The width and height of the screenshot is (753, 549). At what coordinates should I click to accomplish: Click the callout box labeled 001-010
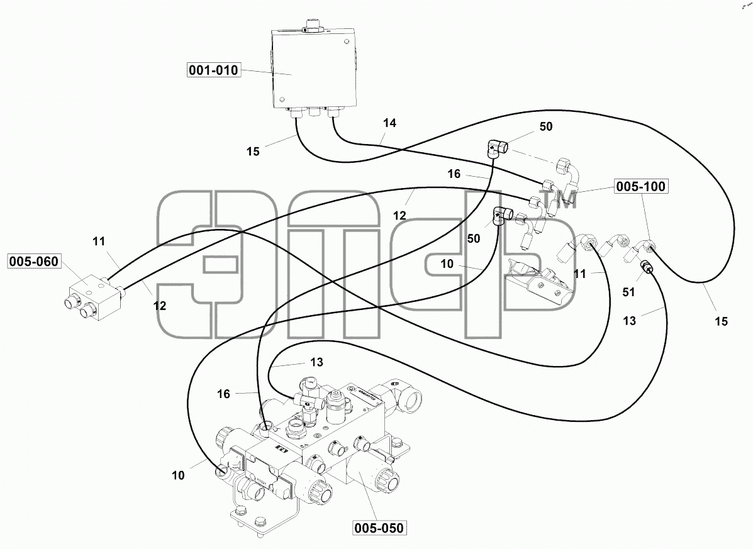[214, 70]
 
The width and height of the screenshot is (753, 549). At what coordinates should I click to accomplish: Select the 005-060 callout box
[34, 262]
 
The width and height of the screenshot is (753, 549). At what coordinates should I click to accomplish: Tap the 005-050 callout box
[379, 528]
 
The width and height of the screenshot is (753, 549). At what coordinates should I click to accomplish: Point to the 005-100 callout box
[641, 186]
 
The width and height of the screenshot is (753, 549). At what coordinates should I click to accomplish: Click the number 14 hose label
[389, 123]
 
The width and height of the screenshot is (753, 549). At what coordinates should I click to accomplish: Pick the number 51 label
[628, 292]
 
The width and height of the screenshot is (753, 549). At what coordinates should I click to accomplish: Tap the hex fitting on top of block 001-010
[314, 26]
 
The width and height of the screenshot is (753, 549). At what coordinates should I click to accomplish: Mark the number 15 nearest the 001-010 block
[253, 152]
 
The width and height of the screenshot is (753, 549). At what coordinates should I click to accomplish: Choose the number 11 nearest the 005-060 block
[99, 241]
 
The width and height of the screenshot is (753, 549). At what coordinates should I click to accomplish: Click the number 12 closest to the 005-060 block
[160, 306]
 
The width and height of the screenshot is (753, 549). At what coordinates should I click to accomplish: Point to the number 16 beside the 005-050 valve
[223, 394]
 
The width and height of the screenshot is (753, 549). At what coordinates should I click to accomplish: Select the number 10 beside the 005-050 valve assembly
[178, 475]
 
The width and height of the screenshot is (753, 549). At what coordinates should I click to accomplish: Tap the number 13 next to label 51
[629, 321]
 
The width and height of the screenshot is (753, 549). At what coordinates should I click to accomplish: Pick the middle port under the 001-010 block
[315, 113]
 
